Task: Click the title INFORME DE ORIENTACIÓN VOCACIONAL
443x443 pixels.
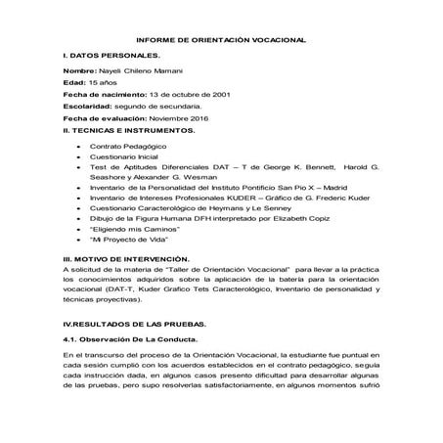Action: click(221, 38)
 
